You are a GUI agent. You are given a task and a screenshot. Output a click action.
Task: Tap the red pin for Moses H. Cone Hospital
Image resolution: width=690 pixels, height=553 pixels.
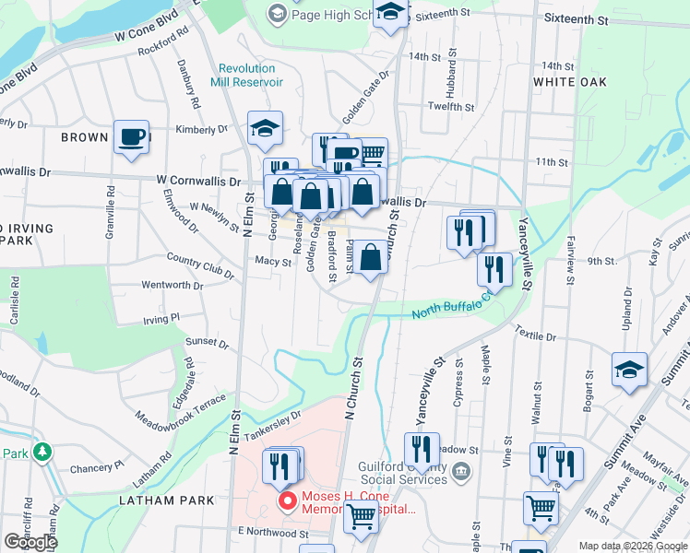tap(288, 502)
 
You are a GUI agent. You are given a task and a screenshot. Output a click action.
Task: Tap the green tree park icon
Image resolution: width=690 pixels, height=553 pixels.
tap(41, 453)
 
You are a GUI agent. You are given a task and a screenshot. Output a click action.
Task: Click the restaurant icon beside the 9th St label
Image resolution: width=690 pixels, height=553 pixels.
tap(494, 269)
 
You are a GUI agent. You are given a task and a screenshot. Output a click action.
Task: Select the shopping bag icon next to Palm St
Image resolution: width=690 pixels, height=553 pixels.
tap(370, 259)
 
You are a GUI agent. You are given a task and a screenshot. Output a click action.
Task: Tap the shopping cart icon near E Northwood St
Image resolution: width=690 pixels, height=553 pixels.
tap(361, 516)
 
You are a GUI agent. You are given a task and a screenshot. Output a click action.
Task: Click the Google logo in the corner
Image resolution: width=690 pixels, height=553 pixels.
tap(30, 542)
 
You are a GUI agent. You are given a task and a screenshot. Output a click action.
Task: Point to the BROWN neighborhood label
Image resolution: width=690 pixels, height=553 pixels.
tap(85, 137)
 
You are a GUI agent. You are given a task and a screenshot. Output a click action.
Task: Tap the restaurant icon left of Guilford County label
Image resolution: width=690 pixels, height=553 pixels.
tap(422, 450)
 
